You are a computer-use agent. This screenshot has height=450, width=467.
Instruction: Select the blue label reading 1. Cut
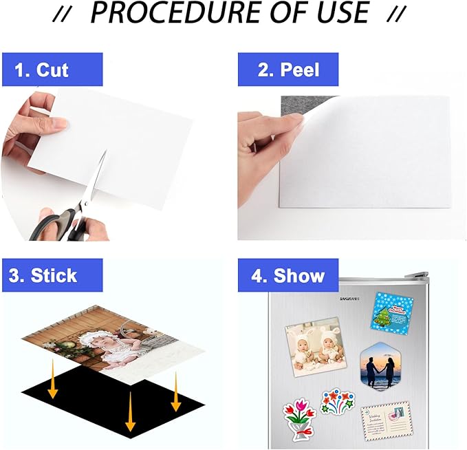[x=52, y=69]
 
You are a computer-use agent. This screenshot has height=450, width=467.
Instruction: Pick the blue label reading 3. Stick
[x=52, y=275]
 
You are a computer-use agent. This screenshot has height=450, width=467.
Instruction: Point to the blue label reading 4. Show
[x=288, y=275]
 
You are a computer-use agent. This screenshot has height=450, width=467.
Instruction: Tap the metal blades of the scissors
[x=99, y=177]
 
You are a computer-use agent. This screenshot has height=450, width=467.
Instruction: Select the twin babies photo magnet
[x=313, y=344]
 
